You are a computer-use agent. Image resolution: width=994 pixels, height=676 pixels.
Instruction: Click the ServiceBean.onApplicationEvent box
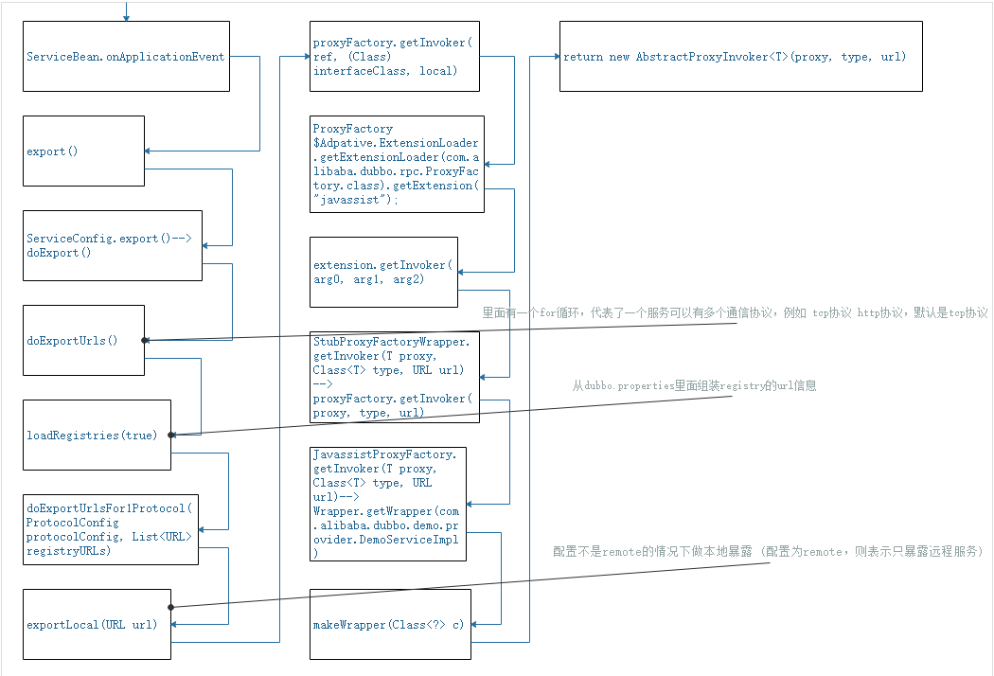126,57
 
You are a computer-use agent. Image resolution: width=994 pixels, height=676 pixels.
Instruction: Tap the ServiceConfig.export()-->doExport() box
113,245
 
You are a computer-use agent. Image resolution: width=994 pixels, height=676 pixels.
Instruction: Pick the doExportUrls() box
84,340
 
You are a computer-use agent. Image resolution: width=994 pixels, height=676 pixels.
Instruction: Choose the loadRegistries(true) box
98,435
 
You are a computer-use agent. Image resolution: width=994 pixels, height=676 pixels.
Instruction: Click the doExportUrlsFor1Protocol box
112,528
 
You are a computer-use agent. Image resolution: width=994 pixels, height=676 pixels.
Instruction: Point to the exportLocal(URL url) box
98,624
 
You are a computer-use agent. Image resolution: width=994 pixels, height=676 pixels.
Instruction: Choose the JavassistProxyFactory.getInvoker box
388,504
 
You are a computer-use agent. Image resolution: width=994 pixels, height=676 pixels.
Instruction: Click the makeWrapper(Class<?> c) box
390,624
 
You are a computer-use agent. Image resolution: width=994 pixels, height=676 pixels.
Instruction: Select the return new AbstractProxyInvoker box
740,57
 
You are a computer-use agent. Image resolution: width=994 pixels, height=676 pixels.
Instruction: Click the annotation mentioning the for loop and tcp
735,313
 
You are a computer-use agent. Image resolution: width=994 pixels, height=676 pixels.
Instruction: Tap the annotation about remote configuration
769,551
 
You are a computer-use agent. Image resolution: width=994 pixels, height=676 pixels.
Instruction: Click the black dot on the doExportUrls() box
144,340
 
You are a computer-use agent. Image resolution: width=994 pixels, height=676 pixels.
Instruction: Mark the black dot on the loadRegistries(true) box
170,435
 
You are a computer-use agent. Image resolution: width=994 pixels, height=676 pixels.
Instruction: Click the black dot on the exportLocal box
170,607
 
